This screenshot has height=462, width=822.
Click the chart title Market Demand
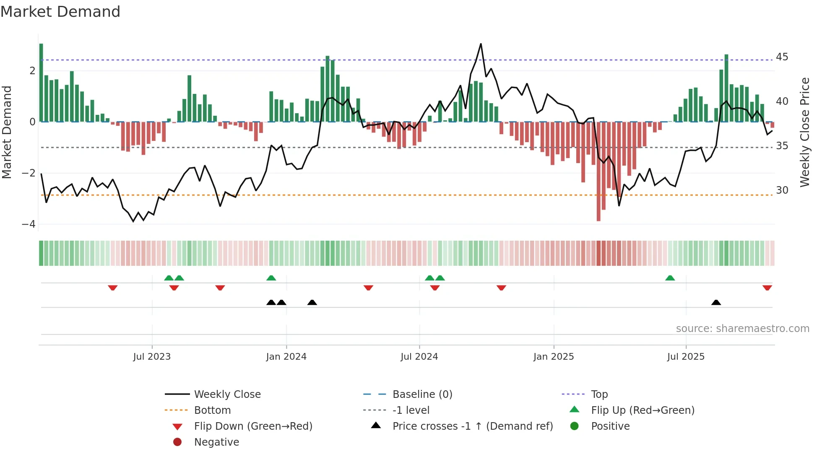[60, 12]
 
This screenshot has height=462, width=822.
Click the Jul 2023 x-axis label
[152, 357]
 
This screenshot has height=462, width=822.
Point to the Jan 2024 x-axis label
[286, 357]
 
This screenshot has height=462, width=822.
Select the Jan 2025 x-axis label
[554, 357]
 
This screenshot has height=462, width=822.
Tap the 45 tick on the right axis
[782, 57]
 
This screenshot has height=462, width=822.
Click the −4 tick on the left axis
[29, 224]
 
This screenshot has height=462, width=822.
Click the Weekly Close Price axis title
[804, 132]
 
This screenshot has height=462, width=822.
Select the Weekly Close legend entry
[227, 394]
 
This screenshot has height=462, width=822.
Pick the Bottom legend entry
[212, 410]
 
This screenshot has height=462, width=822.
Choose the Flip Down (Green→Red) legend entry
[253, 426]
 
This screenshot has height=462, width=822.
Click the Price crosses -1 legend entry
[472, 426]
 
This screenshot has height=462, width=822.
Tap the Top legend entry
[599, 394]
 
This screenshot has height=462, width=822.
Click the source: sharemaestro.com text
[742, 328]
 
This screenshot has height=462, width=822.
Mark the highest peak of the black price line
[481, 44]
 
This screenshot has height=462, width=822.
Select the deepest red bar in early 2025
[598, 171]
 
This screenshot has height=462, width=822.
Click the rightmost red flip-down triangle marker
[767, 288]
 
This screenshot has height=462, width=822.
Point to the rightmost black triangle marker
[716, 302]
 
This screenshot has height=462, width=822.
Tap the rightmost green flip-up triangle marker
[670, 278]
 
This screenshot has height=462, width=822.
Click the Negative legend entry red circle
[177, 442]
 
